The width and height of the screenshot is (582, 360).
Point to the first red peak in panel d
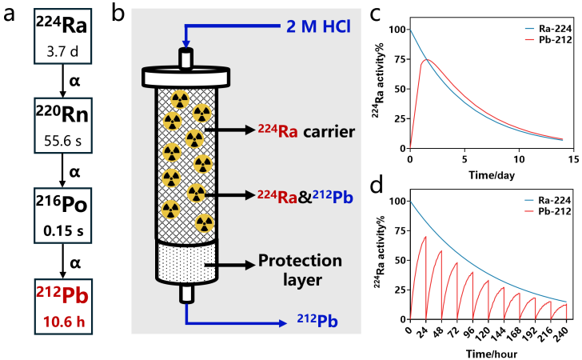(x=425, y=237)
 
